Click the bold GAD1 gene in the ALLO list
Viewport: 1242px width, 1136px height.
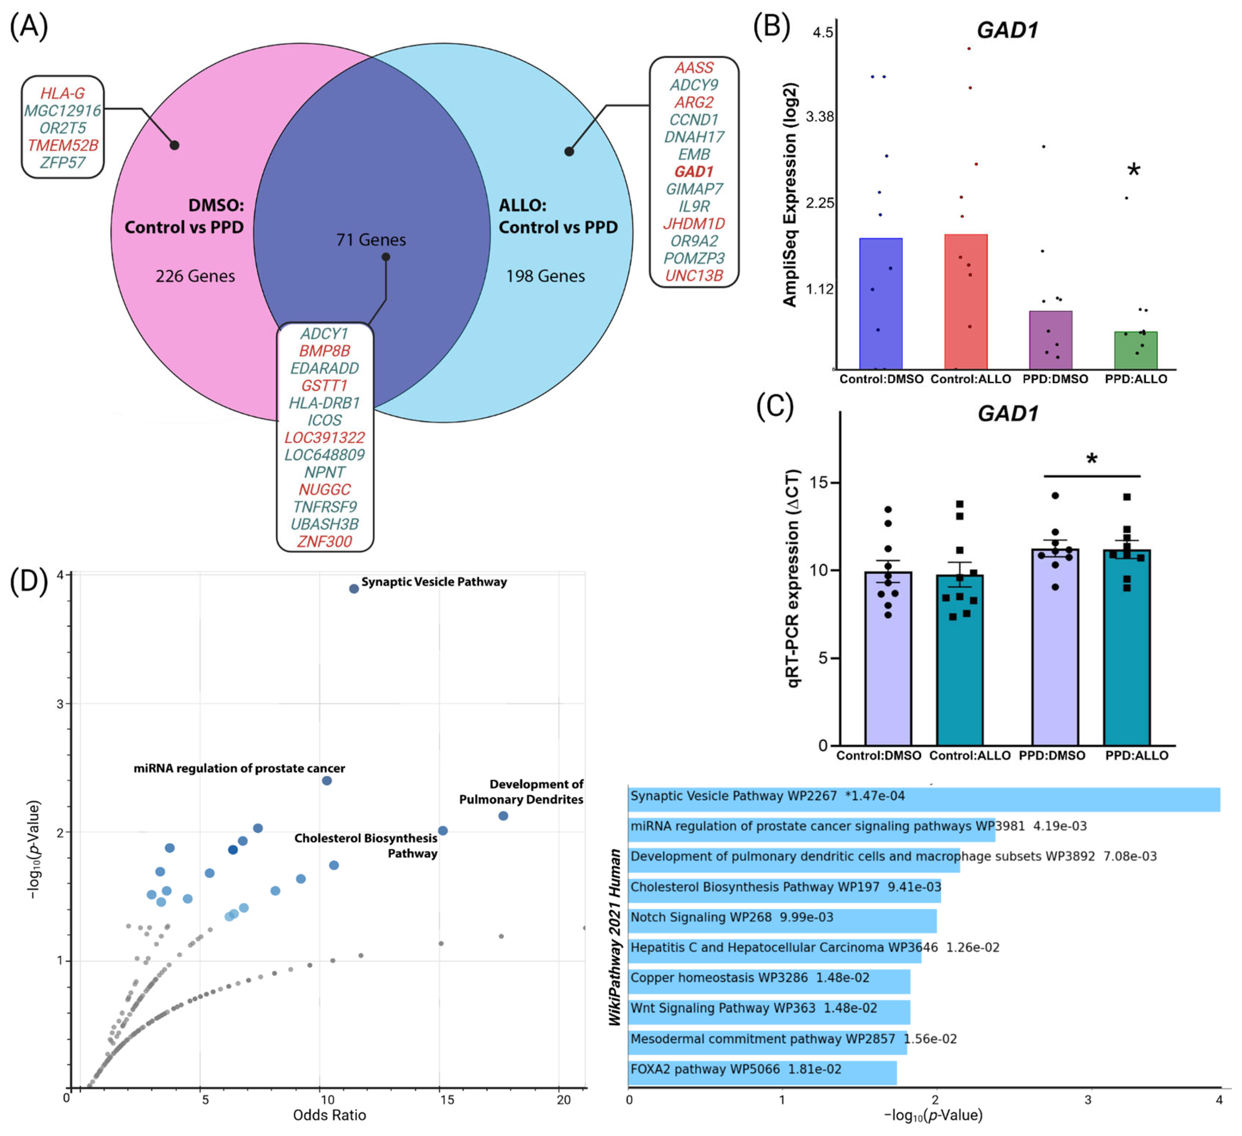click(694, 172)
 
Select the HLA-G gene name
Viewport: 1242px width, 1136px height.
click(62, 94)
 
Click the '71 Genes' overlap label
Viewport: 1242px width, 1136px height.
click(371, 240)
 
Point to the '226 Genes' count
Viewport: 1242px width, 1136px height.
click(195, 276)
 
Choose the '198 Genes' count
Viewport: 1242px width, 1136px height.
click(545, 276)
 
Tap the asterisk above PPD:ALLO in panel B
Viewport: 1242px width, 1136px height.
click(1134, 171)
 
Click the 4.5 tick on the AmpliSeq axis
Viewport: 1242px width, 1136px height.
click(823, 33)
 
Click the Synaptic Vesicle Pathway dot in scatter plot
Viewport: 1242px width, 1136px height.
click(354, 589)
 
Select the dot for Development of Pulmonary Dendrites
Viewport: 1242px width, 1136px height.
click(503, 816)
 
